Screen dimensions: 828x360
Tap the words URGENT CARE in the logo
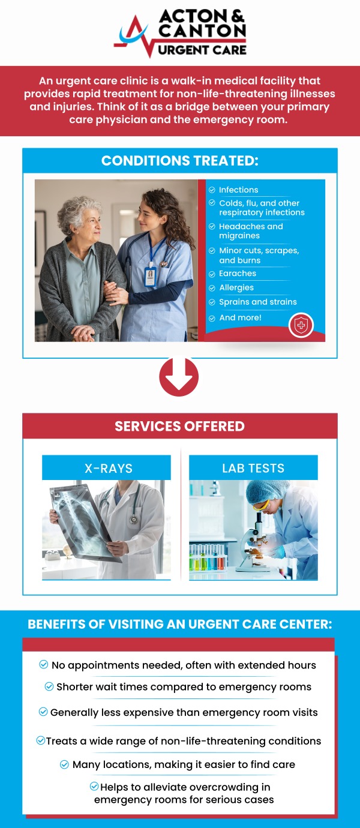pyautogui.click(x=202, y=49)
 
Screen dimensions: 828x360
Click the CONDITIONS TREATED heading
pyautogui.click(x=179, y=161)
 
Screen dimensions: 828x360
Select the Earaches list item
pyautogui.click(x=237, y=274)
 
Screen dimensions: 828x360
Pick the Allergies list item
pyautogui.click(x=236, y=288)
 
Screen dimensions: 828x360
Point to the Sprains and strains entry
pyautogui.click(x=257, y=302)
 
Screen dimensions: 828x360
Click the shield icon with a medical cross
pyautogui.click(x=301, y=325)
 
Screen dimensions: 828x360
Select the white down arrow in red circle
pyautogui.click(x=179, y=377)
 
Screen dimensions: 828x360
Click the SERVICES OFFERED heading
pyautogui.click(x=179, y=427)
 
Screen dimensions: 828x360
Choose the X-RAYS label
pyautogui.click(x=108, y=469)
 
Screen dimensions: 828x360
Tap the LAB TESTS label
pyautogui.click(x=253, y=469)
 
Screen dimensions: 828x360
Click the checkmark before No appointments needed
pyautogui.click(x=44, y=664)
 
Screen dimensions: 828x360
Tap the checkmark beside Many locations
pyautogui.click(x=64, y=764)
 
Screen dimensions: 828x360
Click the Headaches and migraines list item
pyautogui.click(x=250, y=231)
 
